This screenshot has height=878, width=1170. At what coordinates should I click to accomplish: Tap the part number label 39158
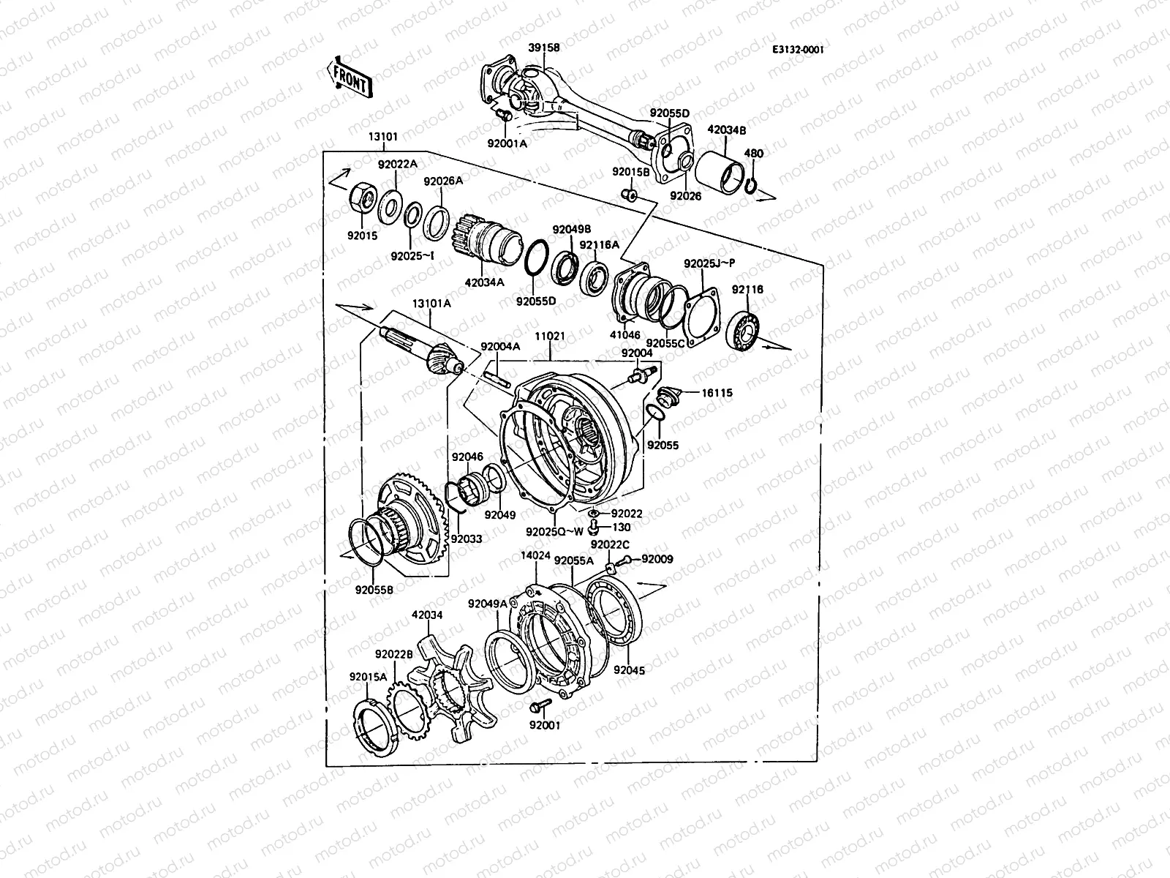tap(544, 48)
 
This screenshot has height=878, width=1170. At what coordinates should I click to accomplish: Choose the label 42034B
tap(726, 131)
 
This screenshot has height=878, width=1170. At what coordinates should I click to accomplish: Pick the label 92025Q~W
tap(554, 532)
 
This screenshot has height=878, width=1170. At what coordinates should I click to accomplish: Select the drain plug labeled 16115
tap(668, 399)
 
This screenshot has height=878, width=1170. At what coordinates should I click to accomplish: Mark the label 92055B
tap(374, 588)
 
